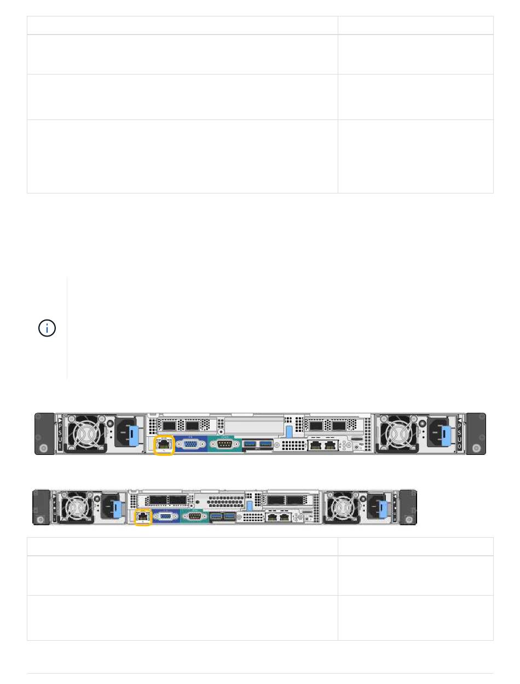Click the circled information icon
point(47,329)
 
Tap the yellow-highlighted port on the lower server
point(143,516)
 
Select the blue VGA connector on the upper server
point(191,444)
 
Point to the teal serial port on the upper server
point(224,443)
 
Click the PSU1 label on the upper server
point(60,433)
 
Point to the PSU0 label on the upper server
point(459,433)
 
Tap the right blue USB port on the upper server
point(265,443)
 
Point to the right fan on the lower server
point(342,508)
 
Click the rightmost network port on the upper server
point(330,446)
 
